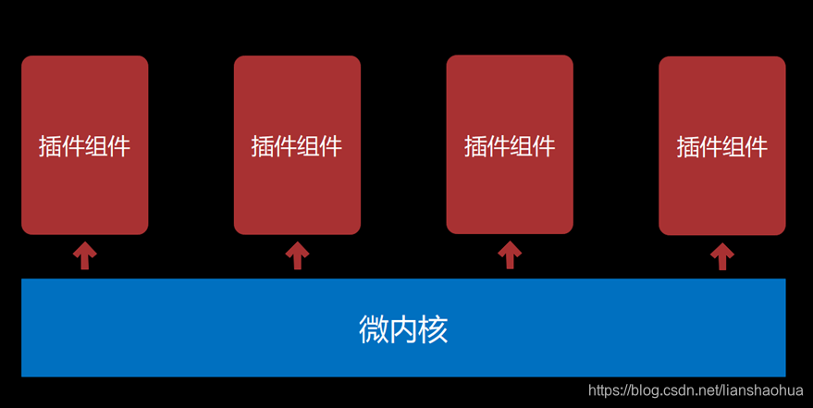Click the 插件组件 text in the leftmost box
pyautogui.click(x=85, y=146)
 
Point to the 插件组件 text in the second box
pyautogui.click(x=297, y=146)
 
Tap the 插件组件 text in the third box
pyautogui.click(x=510, y=146)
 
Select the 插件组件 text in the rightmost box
pyautogui.click(x=722, y=147)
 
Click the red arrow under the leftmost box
pyautogui.click(x=85, y=255)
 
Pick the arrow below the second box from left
pyautogui.click(x=297, y=255)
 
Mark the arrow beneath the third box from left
pyautogui.click(x=510, y=255)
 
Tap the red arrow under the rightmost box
pyautogui.click(x=722, y=256)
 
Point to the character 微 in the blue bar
pyautogui.click(x=373, y=329)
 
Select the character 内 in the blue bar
pyautogui.click(x=403, y=329)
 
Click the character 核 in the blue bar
pyautogui.click(x=434, y=329)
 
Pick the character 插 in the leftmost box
pyautogui.click(x=51, y=146)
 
